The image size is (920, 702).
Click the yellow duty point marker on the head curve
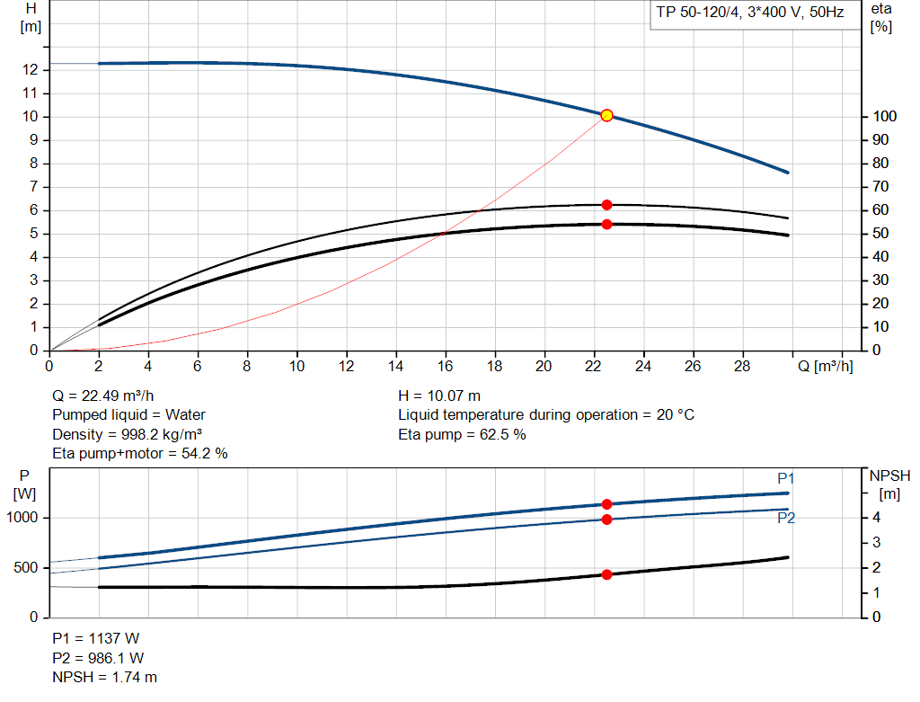tap(606, 115)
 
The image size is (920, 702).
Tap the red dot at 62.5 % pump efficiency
tap(606, 205)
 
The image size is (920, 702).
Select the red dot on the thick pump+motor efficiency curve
tap(606, 224)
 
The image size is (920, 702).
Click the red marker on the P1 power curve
tap(606, 504)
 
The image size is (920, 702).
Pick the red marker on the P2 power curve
tap(606, 520)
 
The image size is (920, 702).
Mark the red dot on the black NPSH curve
tap(606, 574)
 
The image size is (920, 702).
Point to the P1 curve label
tap(786, 478)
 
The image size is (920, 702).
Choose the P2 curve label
tap(786, 518)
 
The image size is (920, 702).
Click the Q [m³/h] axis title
tap(824, 367)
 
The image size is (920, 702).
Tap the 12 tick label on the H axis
tap(31, 70)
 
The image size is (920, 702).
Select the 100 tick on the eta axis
tap(883, 117)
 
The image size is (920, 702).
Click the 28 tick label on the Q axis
tap(740, 367)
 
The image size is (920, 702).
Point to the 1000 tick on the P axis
tap(24, 518)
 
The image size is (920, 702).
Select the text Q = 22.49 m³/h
tap(109, 395)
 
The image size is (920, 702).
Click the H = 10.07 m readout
tap(439, 395)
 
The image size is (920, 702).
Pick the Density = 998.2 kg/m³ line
tap(127, 434)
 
